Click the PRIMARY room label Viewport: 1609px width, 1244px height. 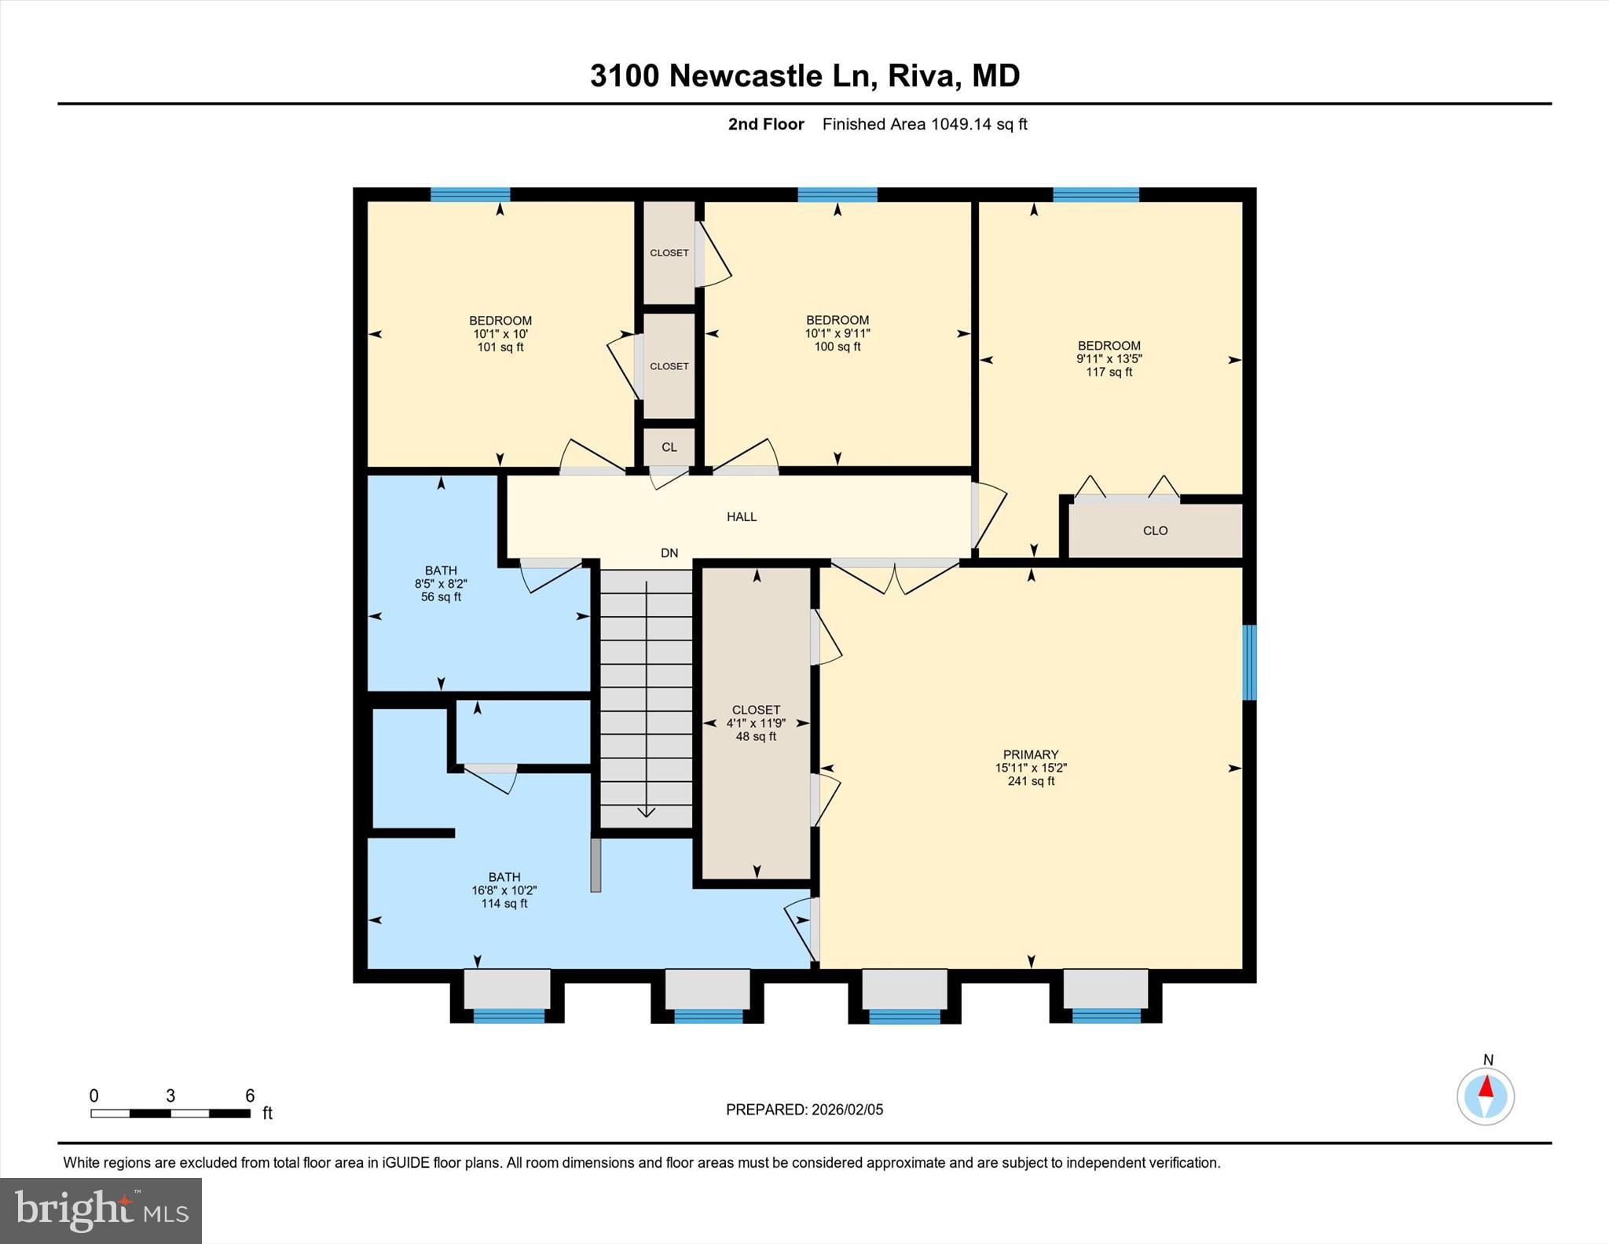coord(1030,754)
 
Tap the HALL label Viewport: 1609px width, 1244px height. coord(741,517)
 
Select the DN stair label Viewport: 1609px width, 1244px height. coord(669,553)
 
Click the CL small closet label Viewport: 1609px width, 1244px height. coord(669,447)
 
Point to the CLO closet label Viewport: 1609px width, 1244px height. coord(1155,531)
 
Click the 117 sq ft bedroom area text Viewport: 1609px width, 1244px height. coord(1109,372)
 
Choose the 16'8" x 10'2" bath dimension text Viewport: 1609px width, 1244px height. coord(504,890)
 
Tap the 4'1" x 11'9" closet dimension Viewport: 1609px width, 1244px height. coord(756,723)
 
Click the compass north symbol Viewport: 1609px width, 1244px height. coord(1485,1095)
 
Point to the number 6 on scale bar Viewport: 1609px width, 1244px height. coord(250,1095)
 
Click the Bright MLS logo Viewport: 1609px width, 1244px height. coord(101,1210)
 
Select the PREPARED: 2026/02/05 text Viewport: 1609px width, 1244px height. coord(804,1110)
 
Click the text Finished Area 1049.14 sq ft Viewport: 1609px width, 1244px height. coord(925,124)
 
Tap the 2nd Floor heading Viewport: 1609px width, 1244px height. coord(765,124)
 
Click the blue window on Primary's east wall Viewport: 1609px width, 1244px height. coord(1249,662)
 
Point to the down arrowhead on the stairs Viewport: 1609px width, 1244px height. coord(646,813)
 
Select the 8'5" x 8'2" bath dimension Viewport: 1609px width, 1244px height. coord(441,584)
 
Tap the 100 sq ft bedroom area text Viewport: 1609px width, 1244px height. coord(837,347)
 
